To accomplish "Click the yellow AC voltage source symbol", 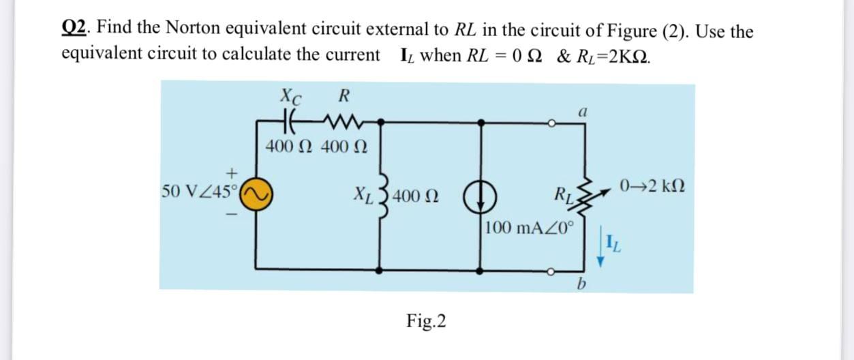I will pos(257,195).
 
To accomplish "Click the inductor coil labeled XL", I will pos(381,196).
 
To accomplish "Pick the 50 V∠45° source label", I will pos(198,190).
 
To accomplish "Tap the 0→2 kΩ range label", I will pos(652,185).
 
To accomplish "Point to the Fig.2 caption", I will pos(426,320).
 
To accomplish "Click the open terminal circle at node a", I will pos(555,123).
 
